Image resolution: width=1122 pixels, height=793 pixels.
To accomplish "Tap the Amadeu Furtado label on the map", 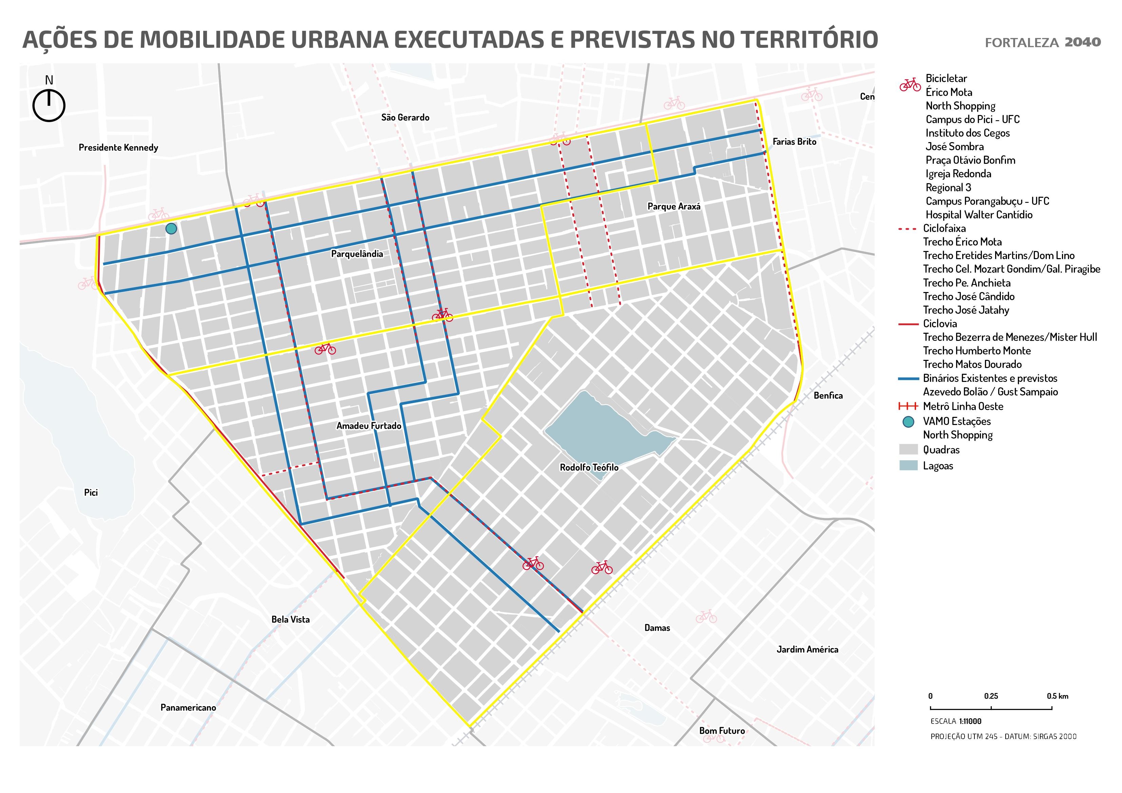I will point(368,426).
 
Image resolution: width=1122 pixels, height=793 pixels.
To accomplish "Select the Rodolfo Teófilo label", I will point(589,468).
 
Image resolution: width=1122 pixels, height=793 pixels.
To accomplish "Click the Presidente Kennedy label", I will point(118,148).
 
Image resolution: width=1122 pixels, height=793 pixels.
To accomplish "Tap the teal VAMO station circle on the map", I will point(171,228).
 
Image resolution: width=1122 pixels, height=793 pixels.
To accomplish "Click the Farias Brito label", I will point(794,142).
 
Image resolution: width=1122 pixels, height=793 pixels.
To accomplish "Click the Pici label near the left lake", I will point(91,492).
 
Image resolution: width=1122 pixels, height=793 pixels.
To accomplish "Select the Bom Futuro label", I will point(722,731).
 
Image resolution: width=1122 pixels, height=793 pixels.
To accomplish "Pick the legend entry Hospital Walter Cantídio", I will point(979,215).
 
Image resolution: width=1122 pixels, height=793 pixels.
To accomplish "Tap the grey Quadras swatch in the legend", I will point(909,449).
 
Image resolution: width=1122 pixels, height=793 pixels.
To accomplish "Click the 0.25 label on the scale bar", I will point(991,696).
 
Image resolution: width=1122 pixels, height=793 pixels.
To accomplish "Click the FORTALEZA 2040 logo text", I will point(1042,42).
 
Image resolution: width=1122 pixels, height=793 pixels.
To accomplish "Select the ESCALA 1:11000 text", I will point(955,721).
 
